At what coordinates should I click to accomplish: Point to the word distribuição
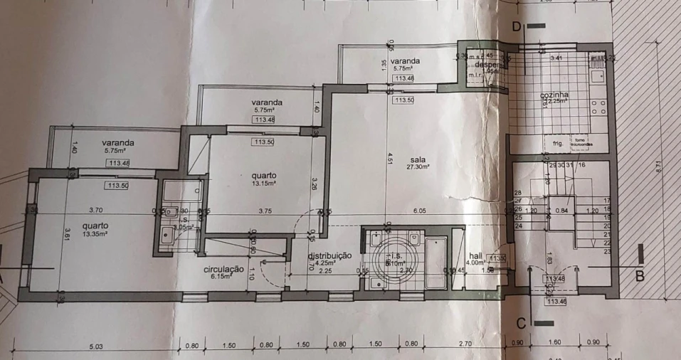pyautogui.click(x=329, y=255)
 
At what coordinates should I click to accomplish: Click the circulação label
pyautogui.click(x=224, y=269)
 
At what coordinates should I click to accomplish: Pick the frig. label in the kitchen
pyautogui.click(x=557, y=143)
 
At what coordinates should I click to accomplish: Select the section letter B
pyautogui.click(x=639, y=272)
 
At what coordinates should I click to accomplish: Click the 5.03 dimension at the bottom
pyautogui.click(x=97, y=346)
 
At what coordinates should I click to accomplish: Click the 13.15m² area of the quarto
pyautogui.click(x=263, y=182)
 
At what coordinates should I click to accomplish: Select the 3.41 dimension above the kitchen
pyautogui.click(x=556, y=58)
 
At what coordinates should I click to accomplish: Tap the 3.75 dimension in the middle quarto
pyautogui.click(x=266, y=211)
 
